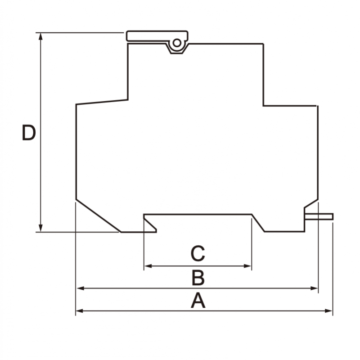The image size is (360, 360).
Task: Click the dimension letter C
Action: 198,254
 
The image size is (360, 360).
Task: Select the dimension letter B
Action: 198,278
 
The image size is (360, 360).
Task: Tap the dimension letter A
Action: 198,301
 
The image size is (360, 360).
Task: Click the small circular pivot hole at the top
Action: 177,43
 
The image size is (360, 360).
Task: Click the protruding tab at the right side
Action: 319,216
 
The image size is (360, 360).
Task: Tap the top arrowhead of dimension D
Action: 41,36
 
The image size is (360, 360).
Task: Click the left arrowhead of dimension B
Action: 79,288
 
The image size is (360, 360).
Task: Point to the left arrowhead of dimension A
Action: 79,310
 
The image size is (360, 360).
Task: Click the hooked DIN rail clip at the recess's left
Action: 150,223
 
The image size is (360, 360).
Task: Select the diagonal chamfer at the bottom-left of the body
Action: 98,215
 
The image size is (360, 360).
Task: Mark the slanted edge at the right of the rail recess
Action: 258,223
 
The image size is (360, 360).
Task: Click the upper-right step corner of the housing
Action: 263,106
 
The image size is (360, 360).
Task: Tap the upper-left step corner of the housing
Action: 128,99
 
